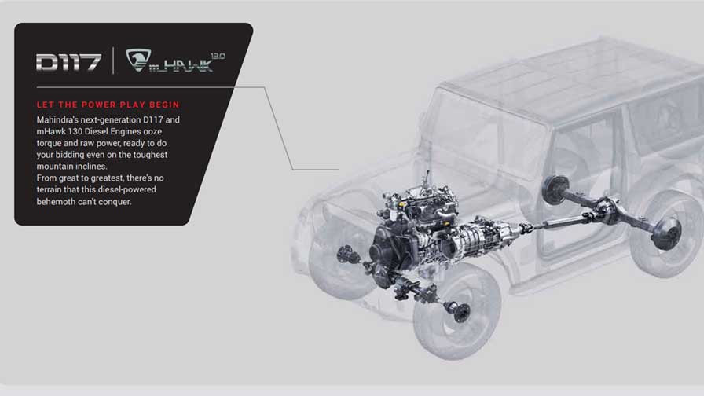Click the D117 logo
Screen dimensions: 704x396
pos(68,62)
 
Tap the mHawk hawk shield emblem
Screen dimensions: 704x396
pos(137,60)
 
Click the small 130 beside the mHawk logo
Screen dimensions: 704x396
pos(218,56)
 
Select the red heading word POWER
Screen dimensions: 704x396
pos(99,104)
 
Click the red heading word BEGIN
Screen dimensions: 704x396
pos(164,104)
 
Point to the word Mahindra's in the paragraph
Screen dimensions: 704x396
pos(57,120)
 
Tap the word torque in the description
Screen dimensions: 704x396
pos(49,143)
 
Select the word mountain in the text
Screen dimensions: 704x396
pos(53,166)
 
